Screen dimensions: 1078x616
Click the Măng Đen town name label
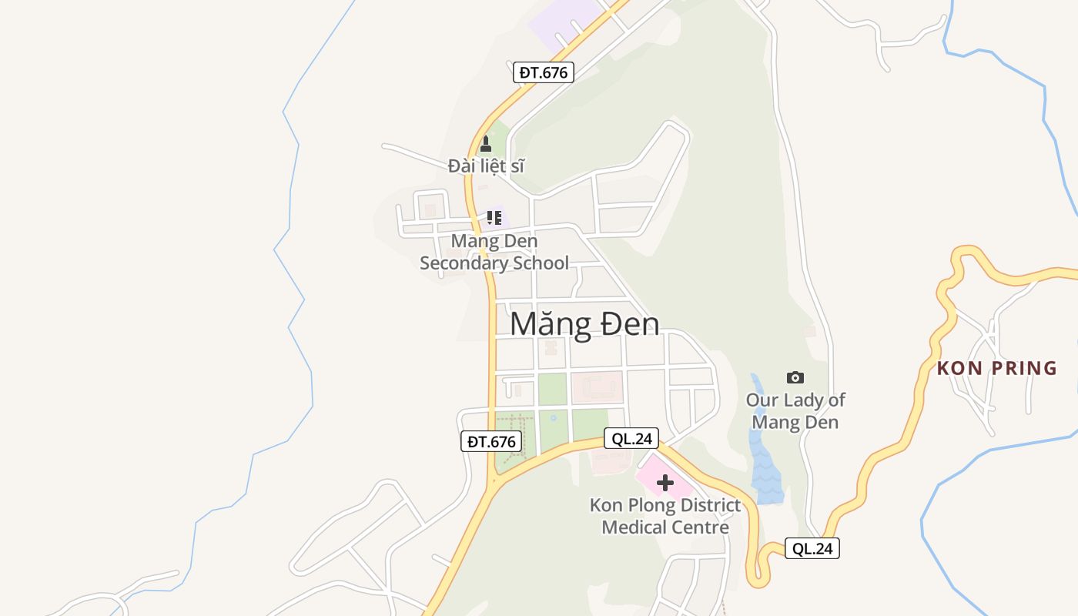click(x=584, y=324)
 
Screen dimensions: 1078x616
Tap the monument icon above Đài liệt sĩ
click(x=485, y=144)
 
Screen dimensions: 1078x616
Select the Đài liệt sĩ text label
click(x=486, y=166)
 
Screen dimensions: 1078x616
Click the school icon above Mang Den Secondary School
click(x=494, y=218)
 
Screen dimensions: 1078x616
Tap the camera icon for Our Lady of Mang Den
click(x=795, y=377)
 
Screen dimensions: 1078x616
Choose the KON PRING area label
click(x=997, y=368)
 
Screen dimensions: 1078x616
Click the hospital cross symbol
click(x=665, y=484)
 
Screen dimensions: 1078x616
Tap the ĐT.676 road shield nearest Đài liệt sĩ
click(x=544, y=72)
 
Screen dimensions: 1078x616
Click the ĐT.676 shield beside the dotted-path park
click(x=491, y=441)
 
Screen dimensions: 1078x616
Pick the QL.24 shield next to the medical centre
click(x=631, y=439)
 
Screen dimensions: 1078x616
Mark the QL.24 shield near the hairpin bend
click(x=812, y=548)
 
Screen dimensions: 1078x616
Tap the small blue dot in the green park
click(x=554, y=418)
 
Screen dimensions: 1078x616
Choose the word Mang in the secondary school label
click(x=470, y=241)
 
